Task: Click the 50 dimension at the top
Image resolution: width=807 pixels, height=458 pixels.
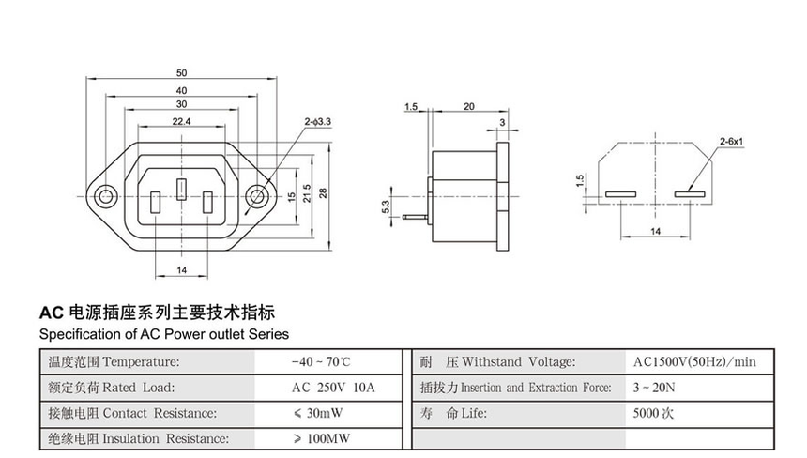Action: [182, 73]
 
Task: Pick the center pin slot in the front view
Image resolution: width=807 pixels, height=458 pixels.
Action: [182, 189]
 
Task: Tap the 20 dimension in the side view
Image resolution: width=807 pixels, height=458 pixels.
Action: [468, 107]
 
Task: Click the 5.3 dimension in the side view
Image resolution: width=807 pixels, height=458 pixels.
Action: [386, 206]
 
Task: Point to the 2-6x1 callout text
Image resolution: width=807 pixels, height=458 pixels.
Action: [731, 141]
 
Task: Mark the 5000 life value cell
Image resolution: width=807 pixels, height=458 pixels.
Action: [654, 413]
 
